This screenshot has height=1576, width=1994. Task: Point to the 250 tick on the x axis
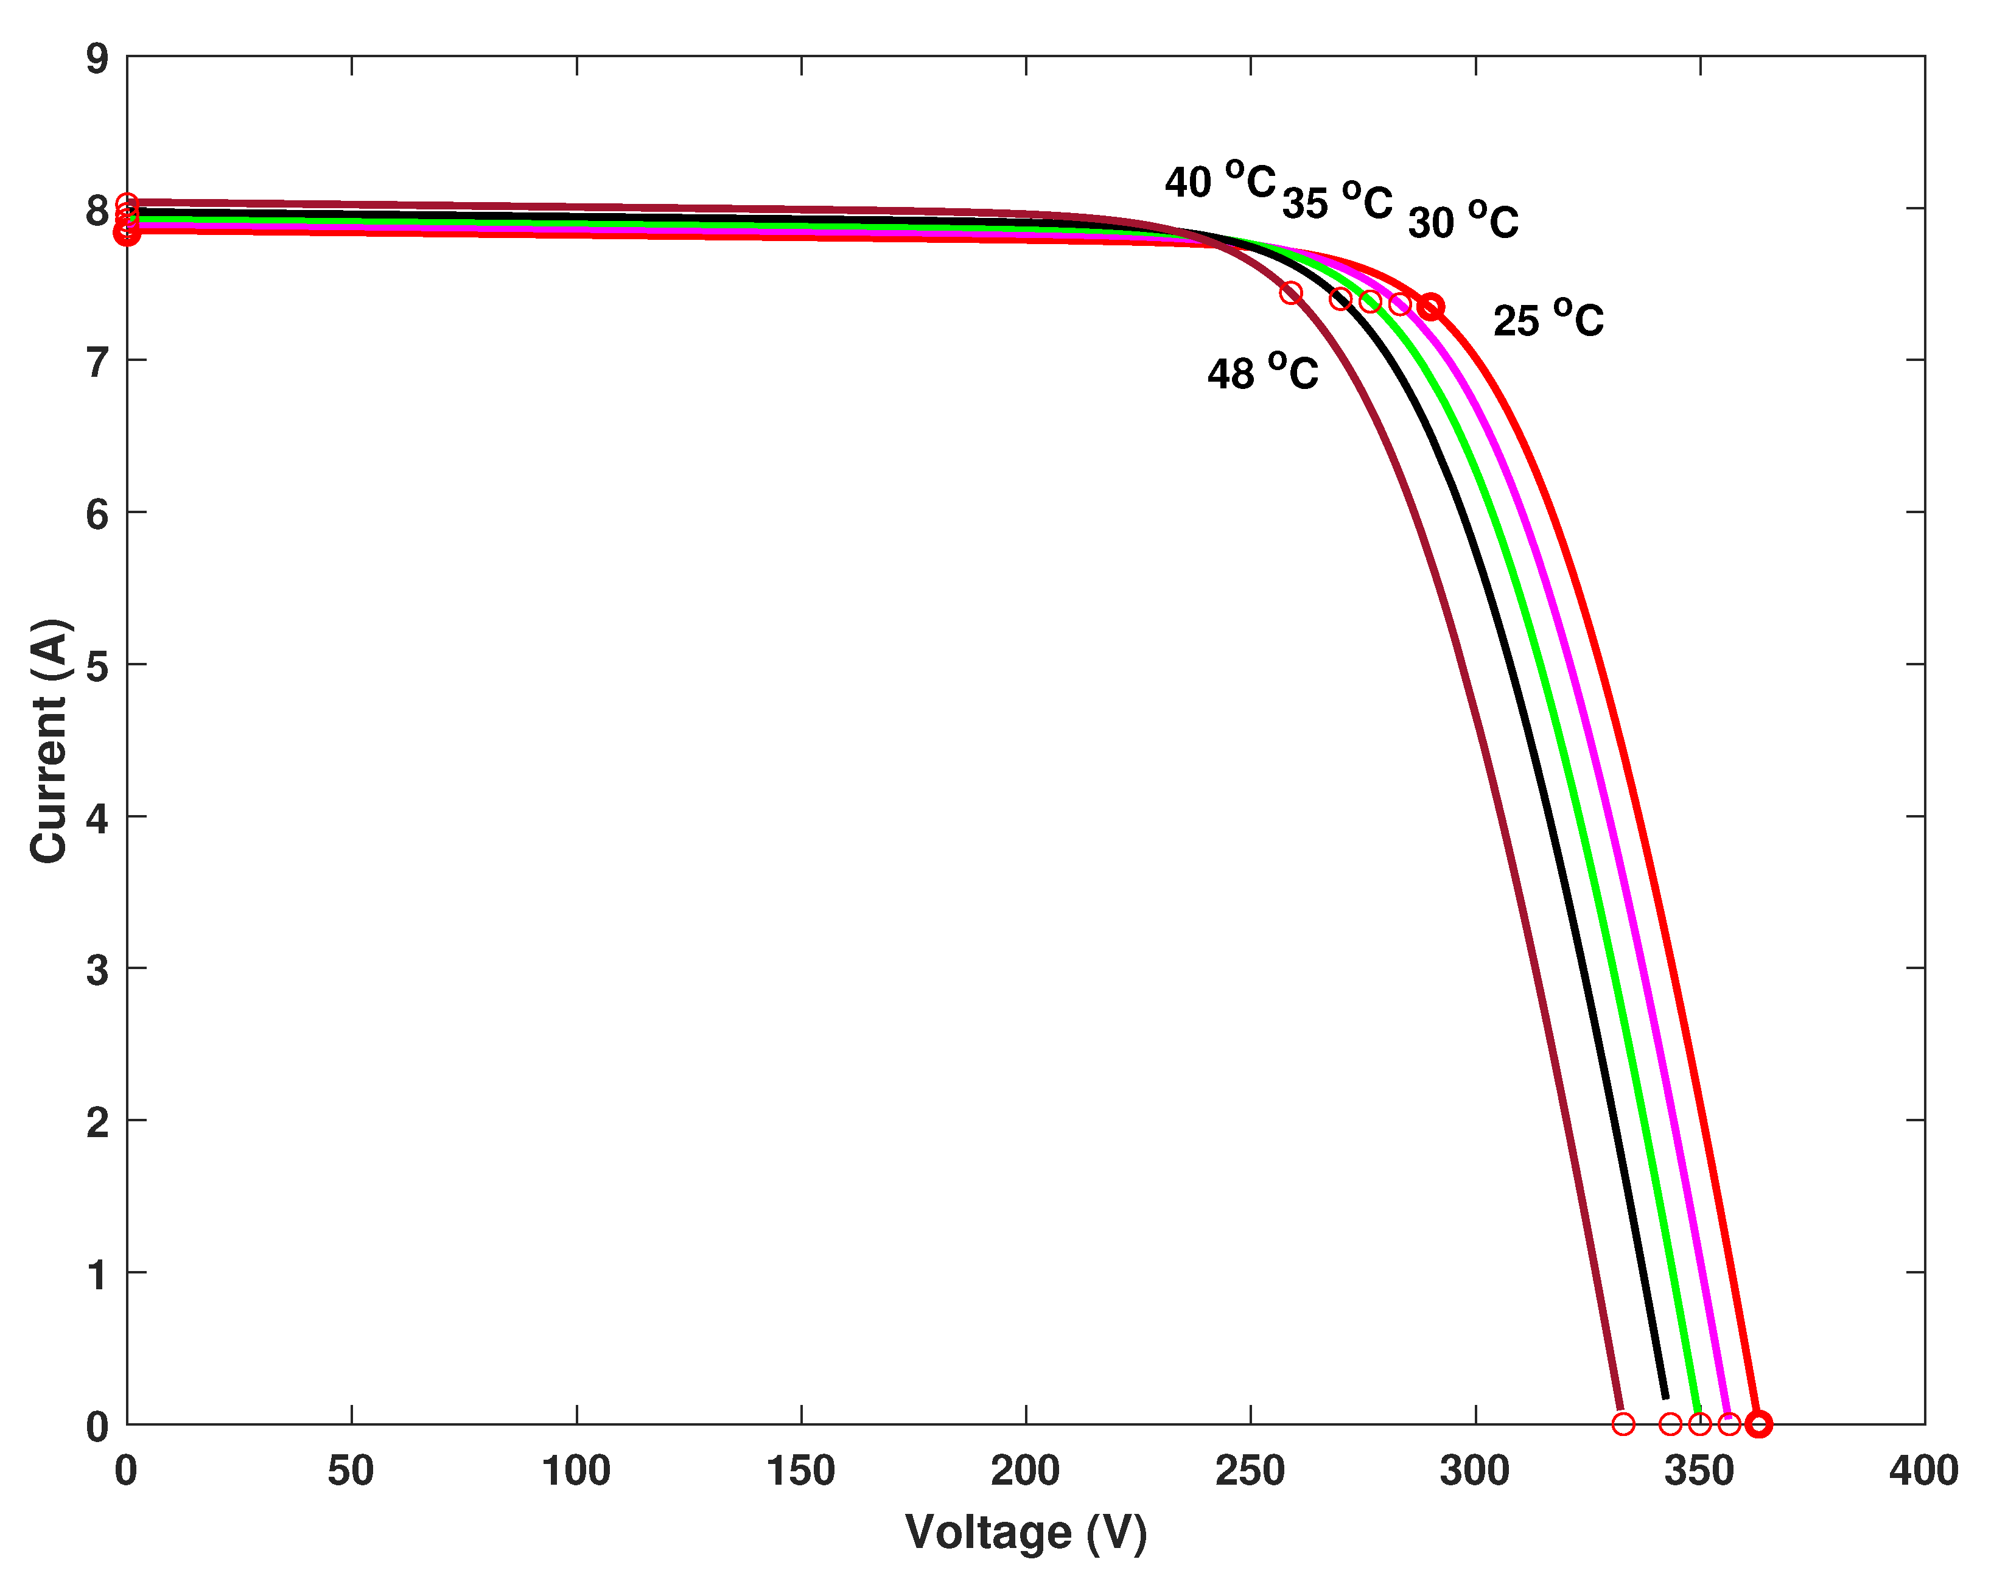(x=1250, y=1471)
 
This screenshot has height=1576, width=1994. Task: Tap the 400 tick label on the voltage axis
(x=1923, y=1471)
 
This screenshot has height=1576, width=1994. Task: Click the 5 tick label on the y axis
(x=97, y=666)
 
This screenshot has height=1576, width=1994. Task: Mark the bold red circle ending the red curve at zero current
(x=1758, y=1424)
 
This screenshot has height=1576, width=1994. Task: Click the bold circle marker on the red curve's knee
(x=1430, y=306)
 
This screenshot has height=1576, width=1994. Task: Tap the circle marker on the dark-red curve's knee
(x=1291, y=293)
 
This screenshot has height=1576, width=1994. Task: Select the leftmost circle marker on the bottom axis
(x=1623, y=1424)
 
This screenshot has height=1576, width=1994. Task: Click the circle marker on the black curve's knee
(x=1341, y=299)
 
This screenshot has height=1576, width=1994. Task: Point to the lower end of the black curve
(x=1665, y=1397)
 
